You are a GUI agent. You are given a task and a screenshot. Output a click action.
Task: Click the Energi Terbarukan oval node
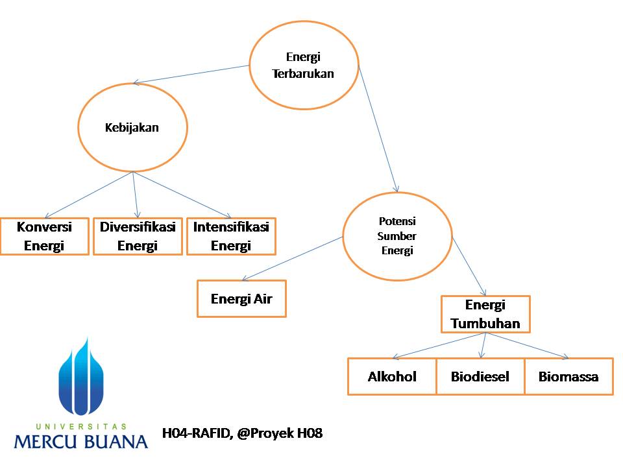pyautogui.click(x=304, y=66)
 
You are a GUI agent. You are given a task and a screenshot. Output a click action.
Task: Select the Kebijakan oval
pyautogui.click(x=132, y=128)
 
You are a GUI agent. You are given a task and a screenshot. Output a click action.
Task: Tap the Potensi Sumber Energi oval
pyautogui.click(x=397, y=236)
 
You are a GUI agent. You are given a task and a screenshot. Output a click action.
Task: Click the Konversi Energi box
pyautogui.click(x=44, y=236)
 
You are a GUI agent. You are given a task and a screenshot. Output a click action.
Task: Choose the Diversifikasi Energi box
pyautogui.click(x=138, y=236)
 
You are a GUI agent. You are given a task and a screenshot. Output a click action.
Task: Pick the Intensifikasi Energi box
pyautogui.click(x=231, y=236)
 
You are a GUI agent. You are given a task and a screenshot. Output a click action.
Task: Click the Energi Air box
pyautogui.click(x=241, y=299)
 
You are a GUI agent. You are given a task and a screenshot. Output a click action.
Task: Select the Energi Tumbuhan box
pyautogui.click(x=485, y=315)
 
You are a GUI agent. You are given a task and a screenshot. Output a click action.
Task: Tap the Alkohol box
pyautogui.click(x=392, y=377)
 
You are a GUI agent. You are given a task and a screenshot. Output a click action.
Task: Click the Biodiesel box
pyautogui.click(x=480, y=377)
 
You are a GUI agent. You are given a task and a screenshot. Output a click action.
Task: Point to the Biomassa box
pyautogui.click(x=568, y=377)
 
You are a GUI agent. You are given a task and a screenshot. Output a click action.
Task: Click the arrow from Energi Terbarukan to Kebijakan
pyautogui.click(x=191, y=75)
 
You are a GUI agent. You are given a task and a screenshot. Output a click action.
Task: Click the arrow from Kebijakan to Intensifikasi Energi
pyautogui.click(x=182, y=195)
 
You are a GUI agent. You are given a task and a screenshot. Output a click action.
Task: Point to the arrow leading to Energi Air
pyautogui.click(x=292, y=259)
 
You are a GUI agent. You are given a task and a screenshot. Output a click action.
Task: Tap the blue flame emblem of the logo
pyautogui.click(x=81, y=376)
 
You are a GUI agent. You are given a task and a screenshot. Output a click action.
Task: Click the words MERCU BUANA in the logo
pyautogui.click(x=80, y=442)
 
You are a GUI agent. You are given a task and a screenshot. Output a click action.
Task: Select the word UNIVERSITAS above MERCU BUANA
pyautogui.click(x=80, y=426)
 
